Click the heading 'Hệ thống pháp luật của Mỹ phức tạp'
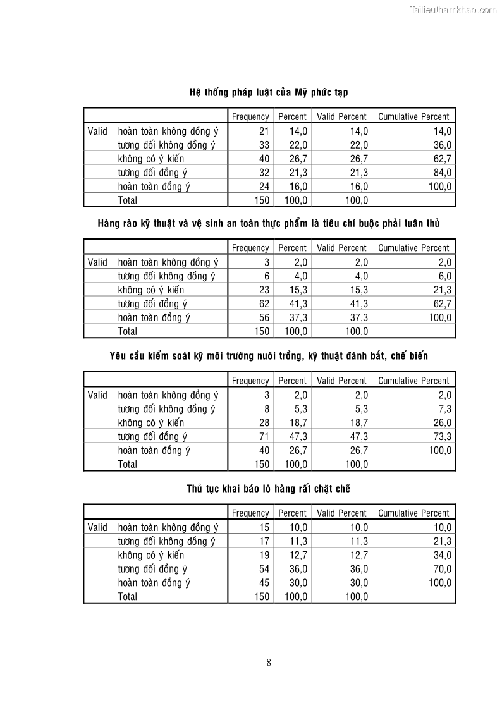point(269,92)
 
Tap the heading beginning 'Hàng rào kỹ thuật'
point(269,224)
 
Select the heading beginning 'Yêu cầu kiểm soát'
point(269,356)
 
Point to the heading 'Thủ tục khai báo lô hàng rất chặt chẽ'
point(269,489)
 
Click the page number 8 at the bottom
point(269,663)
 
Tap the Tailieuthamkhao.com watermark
point(453,9)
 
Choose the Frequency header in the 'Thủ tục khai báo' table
point(250,513)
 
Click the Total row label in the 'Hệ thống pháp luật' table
point(128,200)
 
